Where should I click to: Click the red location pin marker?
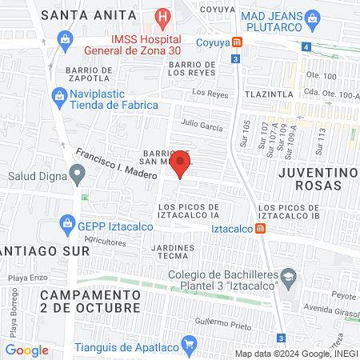pos(181,166)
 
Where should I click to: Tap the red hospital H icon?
pos(163,15)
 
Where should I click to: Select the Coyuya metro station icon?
pos(236,42)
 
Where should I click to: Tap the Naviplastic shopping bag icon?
pos(58,96)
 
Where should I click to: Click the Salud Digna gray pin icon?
pos(76,172)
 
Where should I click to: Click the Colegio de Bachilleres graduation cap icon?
pos(289,278)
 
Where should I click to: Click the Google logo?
pos(26,350)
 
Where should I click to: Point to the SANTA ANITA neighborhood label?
pos(81,14)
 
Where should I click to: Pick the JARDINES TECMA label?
pos(172,251)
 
